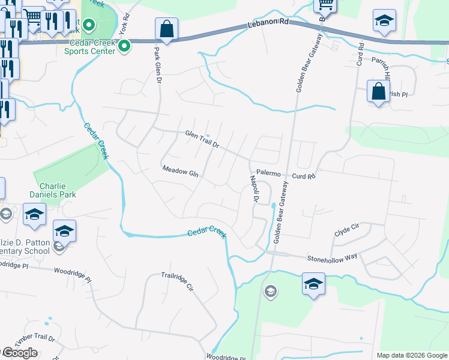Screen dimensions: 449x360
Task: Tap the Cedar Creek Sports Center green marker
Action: click(125, 46)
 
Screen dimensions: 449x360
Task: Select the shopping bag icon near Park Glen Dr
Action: click(166, 29)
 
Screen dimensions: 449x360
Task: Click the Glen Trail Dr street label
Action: click(202, 139)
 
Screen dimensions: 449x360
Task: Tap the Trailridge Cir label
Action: click(177, 281)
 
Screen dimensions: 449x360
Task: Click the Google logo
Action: click(19, 353)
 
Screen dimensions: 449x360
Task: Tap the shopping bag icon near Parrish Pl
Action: click(378, 92)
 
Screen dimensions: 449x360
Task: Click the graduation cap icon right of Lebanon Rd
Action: click(384, 20)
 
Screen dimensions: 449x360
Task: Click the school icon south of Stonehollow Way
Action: click(313, 283)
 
